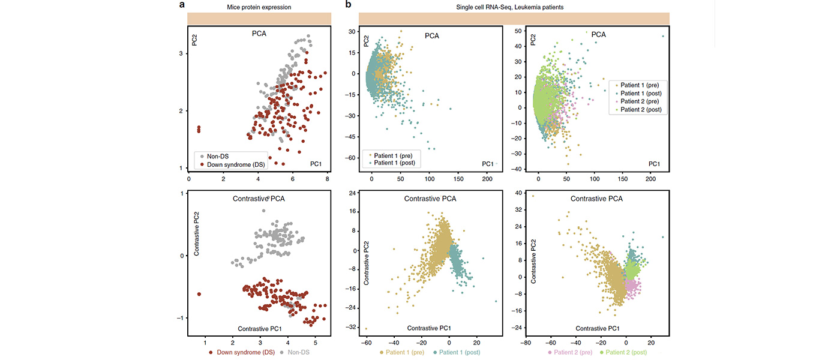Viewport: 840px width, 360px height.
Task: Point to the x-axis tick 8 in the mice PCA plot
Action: pyautogui.click(x=327, y=178)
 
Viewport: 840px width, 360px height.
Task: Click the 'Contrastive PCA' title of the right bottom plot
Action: pyautogui.click(x=596, y=198)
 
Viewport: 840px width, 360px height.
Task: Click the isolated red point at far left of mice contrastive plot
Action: pyautogui.click(x=199, y=294)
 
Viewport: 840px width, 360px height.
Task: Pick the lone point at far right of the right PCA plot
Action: pyautogui.click(x=663, y=36)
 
